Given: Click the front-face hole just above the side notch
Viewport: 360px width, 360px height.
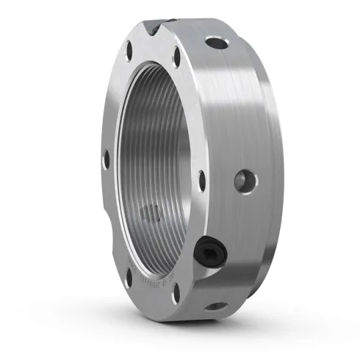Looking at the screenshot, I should coord(106,156).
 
